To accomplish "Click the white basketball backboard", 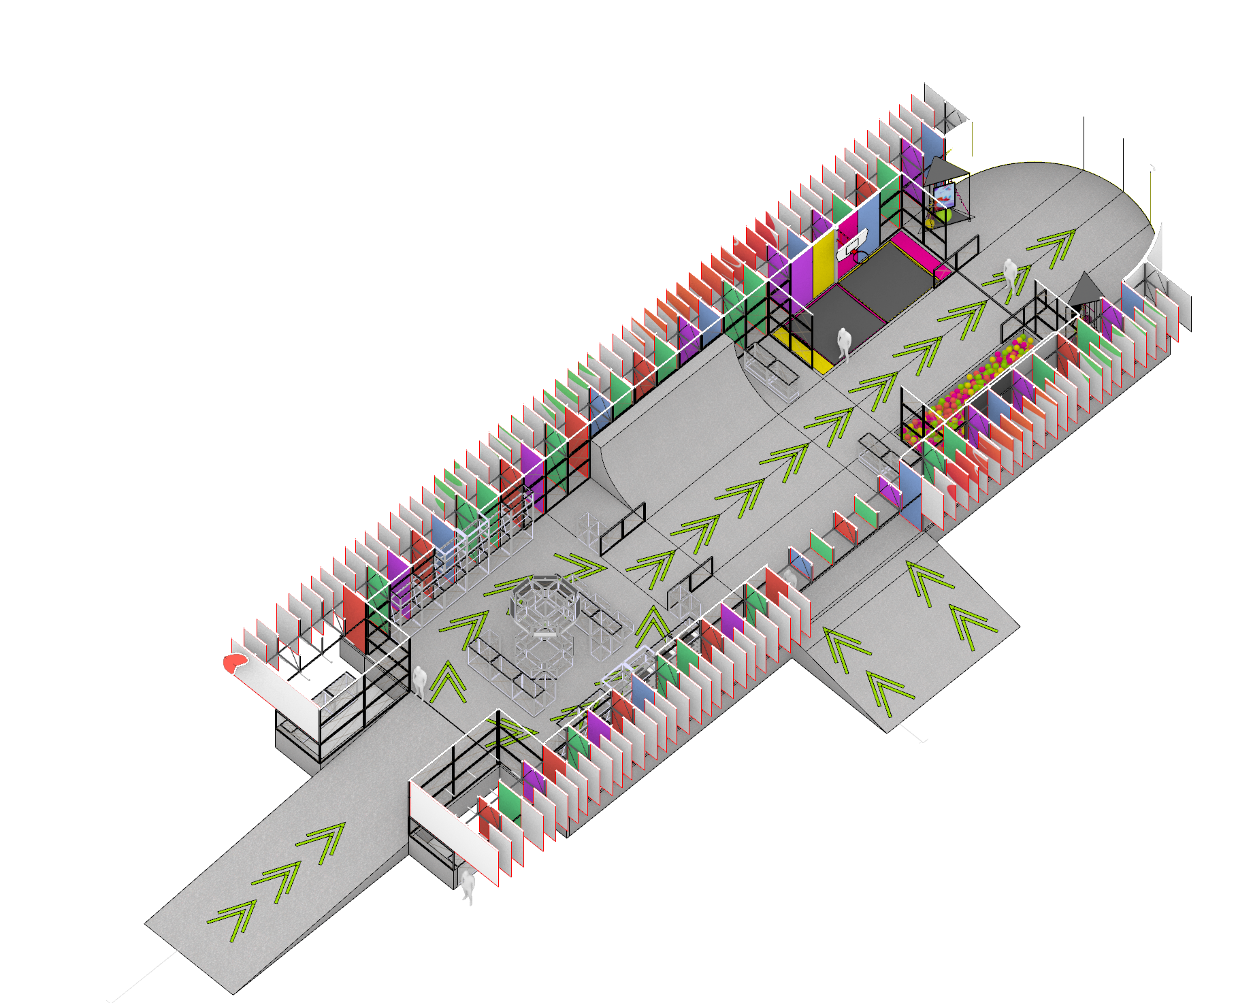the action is (x=855, y=244).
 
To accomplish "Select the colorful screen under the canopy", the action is (x=943, y=197).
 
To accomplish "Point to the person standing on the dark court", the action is (x=844, y=343).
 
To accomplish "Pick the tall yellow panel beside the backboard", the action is (x=824, y=255).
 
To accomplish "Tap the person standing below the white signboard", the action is (x=468, y=885).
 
